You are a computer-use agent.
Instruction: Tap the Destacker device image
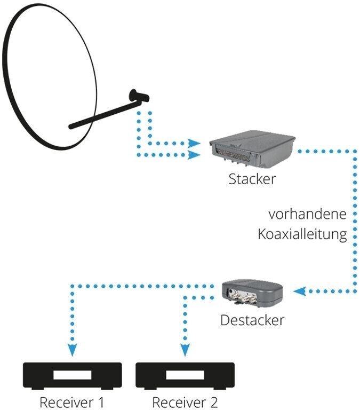coord(252,292)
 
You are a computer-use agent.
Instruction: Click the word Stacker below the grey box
coord(252,179)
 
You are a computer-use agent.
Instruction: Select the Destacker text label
coord(252,320)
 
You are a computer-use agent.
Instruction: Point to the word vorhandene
coord(308,214)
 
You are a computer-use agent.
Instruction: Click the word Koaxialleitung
coord(302,234)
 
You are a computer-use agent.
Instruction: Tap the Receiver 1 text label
coord(72,402)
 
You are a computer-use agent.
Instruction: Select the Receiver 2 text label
coord(185,402)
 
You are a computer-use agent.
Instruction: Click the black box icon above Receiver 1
coord(73,376)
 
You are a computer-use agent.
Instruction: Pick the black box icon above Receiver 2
coord(185,376)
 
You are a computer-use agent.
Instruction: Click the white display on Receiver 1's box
coord(73,375)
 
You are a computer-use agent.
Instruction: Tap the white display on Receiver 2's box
coord(185,375)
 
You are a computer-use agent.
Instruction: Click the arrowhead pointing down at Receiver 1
coord(73,350)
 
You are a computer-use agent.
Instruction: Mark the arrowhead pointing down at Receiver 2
coord(185,350)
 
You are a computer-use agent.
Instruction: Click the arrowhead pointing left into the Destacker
coord(300,291)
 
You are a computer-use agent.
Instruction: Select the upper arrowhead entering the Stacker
coord(194,143)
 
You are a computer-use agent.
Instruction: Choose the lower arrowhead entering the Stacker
coord(194,155)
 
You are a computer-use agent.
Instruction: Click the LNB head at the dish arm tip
coord(139,96)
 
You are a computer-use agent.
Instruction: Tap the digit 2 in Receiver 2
coord(213,402)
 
